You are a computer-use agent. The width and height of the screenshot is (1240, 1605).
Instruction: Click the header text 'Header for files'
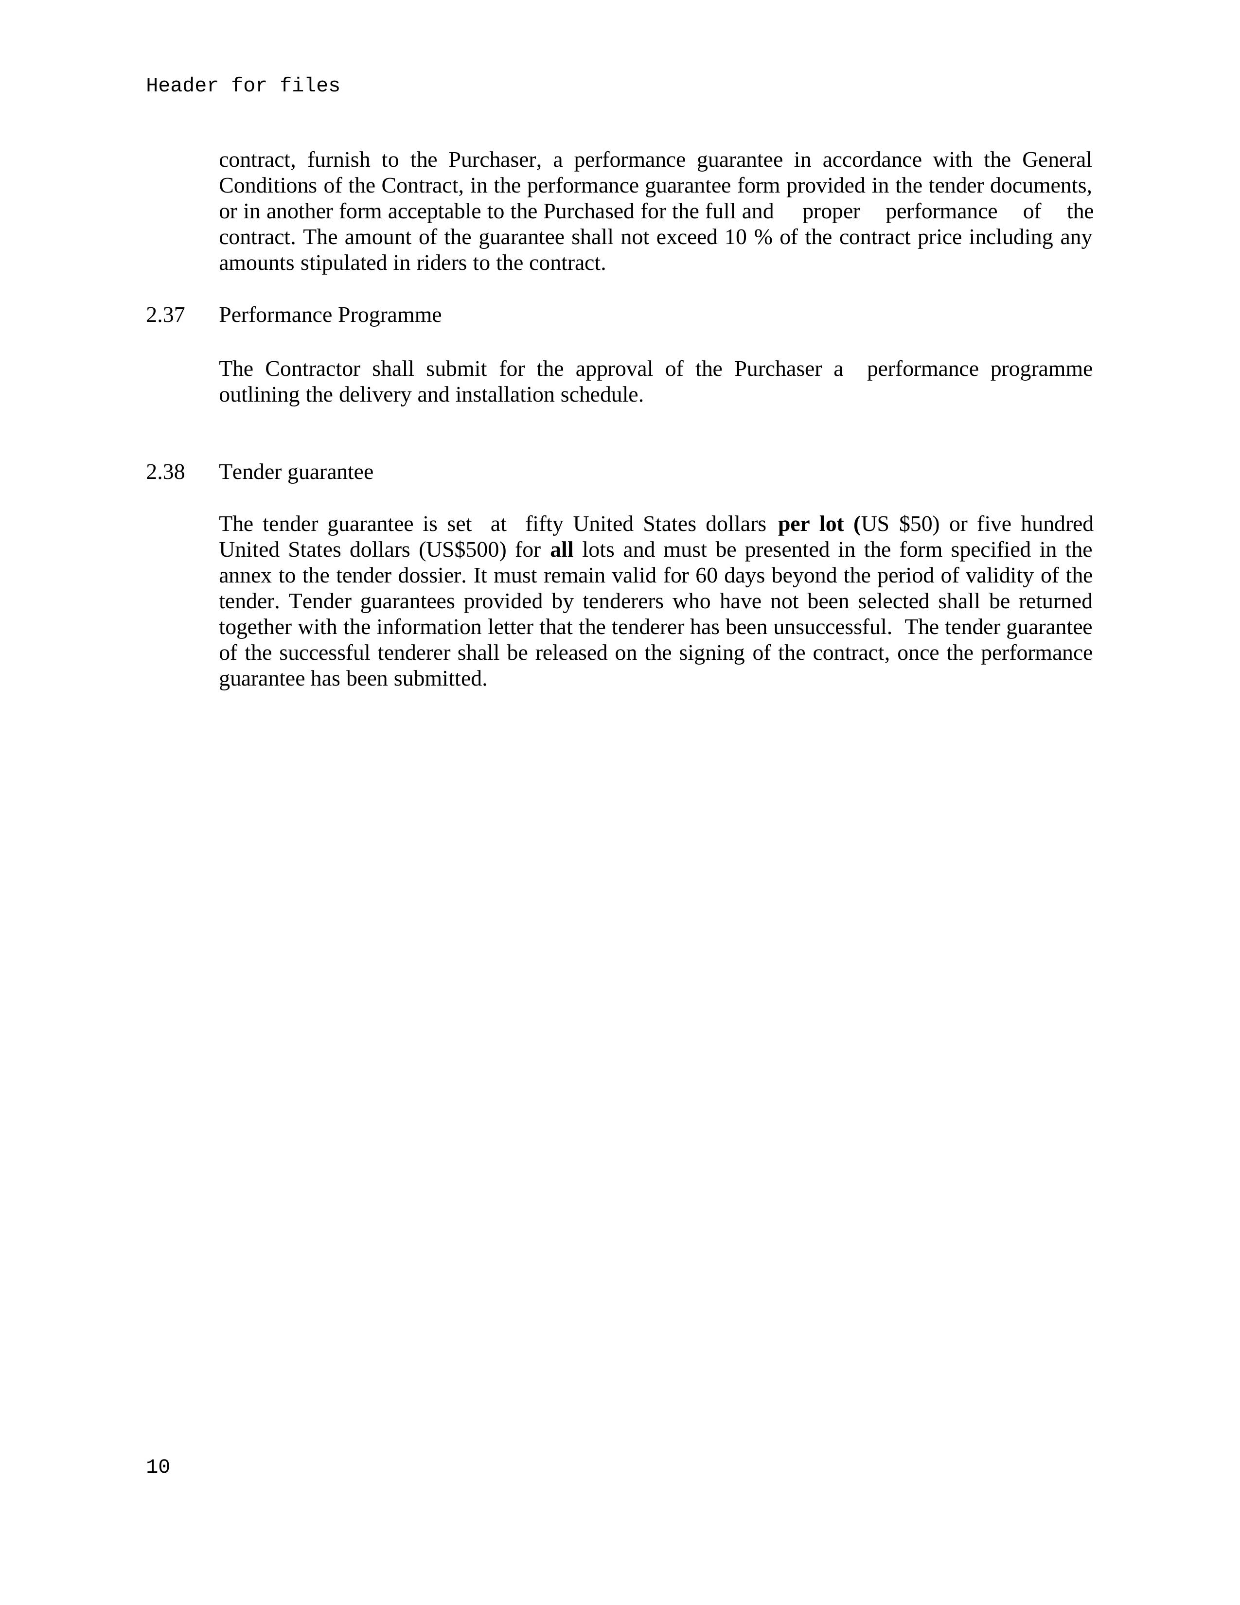pyautogui.click(x=243, y=86)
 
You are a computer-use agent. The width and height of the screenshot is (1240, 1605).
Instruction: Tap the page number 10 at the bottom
pyautogui.click(x=158, y=1466)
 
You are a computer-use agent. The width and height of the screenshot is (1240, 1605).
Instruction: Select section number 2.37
pyautogui.click(x=165, y=315)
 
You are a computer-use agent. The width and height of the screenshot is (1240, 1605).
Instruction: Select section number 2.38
pyautogui.click(x=165, y=472)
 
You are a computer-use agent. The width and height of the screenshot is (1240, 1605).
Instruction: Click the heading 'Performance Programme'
pyautogui.click(x=330, y=315)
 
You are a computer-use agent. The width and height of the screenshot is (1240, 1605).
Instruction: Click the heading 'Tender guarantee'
pyautogui.click(x=296, y=472)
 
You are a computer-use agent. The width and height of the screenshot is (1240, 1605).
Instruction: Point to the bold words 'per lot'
pyautogui.click(x=810, y=524)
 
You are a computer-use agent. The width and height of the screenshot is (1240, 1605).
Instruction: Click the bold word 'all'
pyautogui.click(x=562, y=550)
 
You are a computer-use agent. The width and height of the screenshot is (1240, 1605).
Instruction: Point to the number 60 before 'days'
pyautogui.click(x=707, y=575)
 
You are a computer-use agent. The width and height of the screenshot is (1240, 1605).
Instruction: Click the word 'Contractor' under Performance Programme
pyautogui.click(x=312, y=369)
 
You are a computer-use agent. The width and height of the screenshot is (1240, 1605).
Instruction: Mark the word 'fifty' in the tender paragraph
pyautogui.click(x=544, y=524)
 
